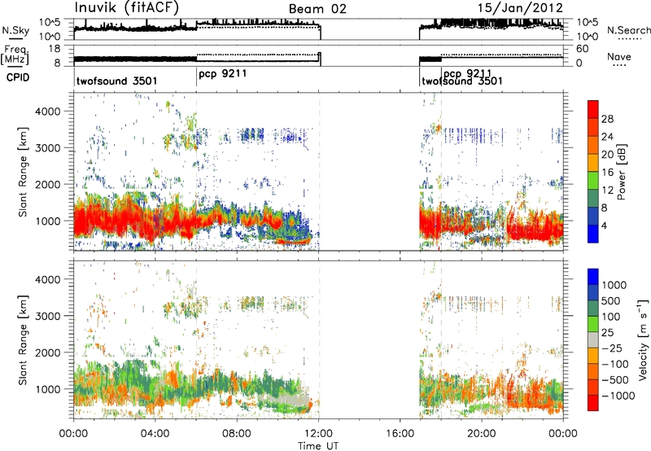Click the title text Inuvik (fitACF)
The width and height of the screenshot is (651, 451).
pyautogui.click(x=127, y=7)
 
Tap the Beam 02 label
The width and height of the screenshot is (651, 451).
pyautogui.click(x=317, y=9)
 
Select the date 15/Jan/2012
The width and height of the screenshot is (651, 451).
pyautogui.click(x=520, y=8)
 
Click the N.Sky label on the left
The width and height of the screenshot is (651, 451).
pyautogui.click(x=15, y=30)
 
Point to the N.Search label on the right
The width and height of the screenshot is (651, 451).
pyautogui.click(x=629, y=30)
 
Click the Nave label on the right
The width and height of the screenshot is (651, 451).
pyautogui.click(x=619, y=56)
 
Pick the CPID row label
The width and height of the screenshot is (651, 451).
pyautogui.click(x=18, y=77)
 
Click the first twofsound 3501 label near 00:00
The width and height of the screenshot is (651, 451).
pyautogui.click(x=116, y=81)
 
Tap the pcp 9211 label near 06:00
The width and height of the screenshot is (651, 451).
pyautogui.click(x=222, y=74)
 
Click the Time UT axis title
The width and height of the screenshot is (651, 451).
pyautogui.click(x=318, y=446)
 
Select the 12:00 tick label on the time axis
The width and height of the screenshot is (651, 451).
pyautogui.click(x=319, y=434)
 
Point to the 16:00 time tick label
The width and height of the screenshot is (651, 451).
pyautogui.click(x=400, y=434)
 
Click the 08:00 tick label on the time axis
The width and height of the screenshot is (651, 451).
pyautogui.click(x=237, y=434)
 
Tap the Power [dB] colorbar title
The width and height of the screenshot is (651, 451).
pyautogui.click(x=622, y=172)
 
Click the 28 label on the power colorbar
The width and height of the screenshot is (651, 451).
pyautogui.click(x=607, y=119)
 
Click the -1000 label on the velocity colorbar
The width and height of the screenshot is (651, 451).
pyautogui.click(x=618, y=396)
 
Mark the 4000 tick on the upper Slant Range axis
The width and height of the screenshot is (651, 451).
pyautogui.click(x=49, y=112)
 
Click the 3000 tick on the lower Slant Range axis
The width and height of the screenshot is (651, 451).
pyautogui.click(x=49, y=316)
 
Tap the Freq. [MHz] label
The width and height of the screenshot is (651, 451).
pyautogui.click(x=15, y=55)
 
